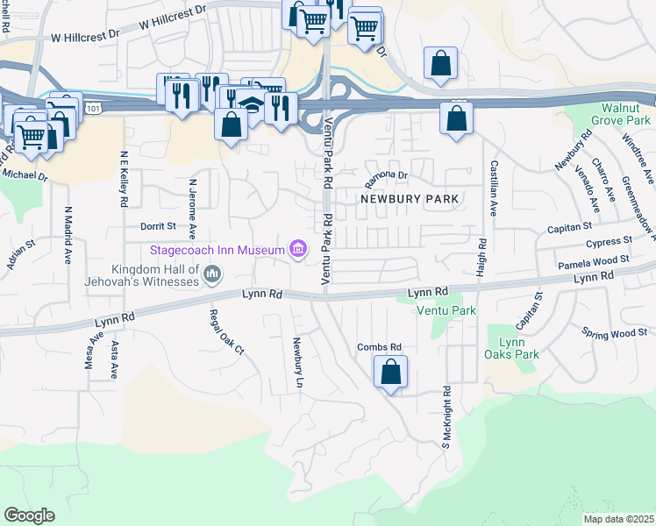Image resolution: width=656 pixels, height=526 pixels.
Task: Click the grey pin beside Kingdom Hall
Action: tap(211, 276)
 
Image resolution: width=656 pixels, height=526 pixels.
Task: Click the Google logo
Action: tap(29, 515)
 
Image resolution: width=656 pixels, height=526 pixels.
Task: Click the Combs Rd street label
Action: tap(379, 347)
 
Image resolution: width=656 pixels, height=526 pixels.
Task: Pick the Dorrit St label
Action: tap(159, 226)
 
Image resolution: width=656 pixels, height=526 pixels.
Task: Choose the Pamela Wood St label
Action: tap(594, 260)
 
